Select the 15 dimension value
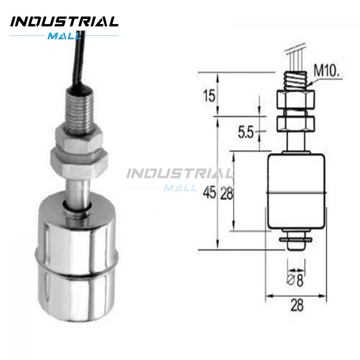coord(209,96)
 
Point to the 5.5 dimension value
coord(246,133)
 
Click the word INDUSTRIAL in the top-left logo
coord(65,22)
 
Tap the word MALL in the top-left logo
coord(65,36)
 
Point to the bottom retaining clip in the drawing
coord(295,242)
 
